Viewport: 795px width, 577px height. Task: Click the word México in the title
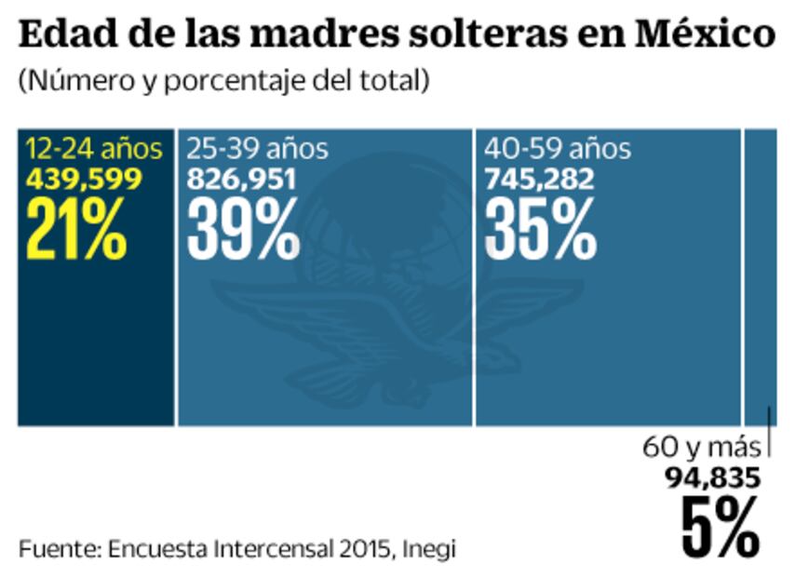tap(707, 36)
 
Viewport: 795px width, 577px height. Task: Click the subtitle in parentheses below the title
tap(222, 81)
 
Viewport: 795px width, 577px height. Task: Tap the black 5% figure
tap(720, 528)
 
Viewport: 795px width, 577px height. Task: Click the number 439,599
tap(84, 179)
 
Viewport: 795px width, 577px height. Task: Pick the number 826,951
tap(241, 179)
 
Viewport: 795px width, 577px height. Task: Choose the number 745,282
tap(539, 179)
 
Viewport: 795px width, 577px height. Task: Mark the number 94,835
tap(712, 478)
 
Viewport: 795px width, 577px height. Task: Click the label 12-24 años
tap(93, 149)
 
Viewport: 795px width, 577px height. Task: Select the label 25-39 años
tap(257, 149)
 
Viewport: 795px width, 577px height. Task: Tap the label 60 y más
tap(701, 448)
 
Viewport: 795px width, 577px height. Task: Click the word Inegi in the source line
tap(429, 548)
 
